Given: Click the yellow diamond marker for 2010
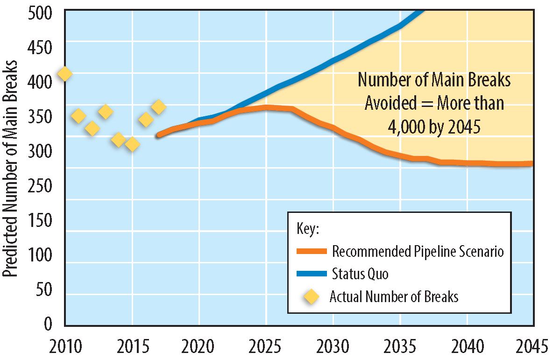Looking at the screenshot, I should [64, 74].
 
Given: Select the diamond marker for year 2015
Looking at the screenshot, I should [132, 144].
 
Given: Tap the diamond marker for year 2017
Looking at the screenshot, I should [159, 107].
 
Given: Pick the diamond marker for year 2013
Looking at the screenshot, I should [106, 112].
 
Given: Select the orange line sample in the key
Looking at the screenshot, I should [311, 251].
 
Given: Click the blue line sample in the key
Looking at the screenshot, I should [311, 274].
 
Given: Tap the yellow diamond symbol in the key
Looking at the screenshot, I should [311, 296].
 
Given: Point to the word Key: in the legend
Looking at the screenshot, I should [308, 229].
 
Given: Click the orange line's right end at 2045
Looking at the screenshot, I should [532, 163].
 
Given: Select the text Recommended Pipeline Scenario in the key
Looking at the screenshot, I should [418, 251].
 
